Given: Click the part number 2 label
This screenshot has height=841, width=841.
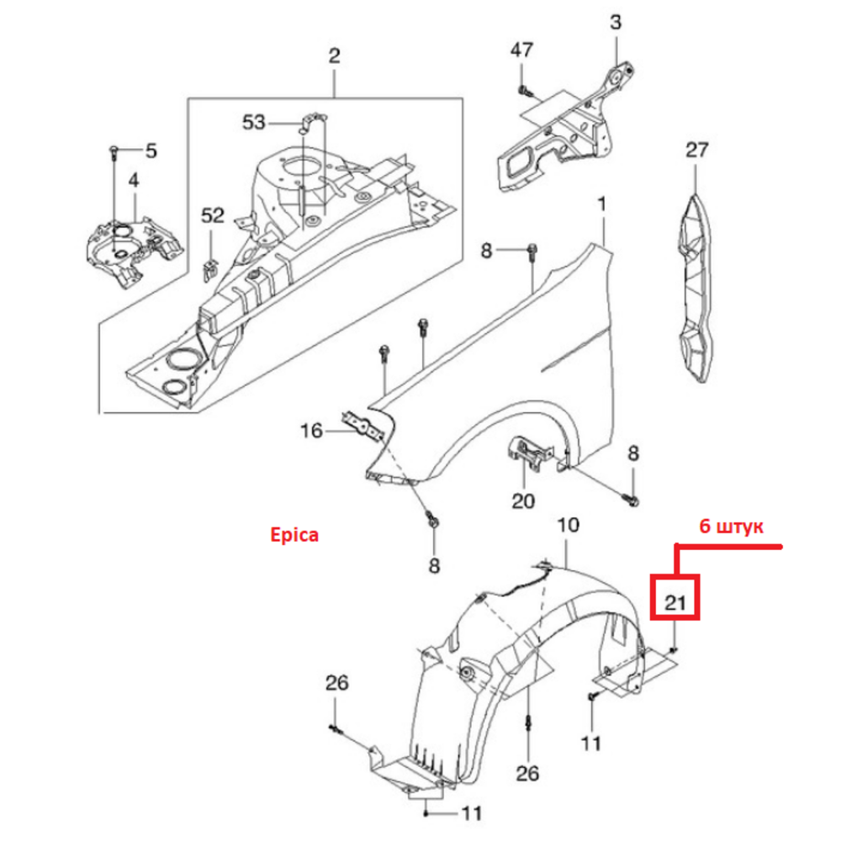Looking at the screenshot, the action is click(x=334, y=56).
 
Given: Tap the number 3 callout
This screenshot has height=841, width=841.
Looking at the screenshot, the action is click(x=616, y=22).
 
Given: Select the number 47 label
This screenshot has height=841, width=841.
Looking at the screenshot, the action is click(x=521, y=50).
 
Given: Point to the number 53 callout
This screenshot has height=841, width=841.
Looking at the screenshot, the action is click(x=254, y=122).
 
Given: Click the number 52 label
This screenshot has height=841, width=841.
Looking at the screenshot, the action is click(x=213, y=215).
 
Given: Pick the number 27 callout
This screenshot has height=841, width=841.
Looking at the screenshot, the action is click(x=696, y=150).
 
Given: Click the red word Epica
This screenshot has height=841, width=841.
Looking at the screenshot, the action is click(x=294, y=535).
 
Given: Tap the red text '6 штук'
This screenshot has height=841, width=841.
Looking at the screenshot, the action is click(x=731, y=526).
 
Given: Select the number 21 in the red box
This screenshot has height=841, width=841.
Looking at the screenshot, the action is click(x=675, y=603).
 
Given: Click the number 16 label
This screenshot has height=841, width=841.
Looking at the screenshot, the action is click(x=311, y=431).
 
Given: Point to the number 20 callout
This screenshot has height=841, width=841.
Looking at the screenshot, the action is click(x=523, y=501).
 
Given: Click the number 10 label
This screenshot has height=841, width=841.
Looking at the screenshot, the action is click(x=568, y=525).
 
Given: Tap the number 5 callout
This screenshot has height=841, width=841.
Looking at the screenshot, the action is click(x=151, y=151).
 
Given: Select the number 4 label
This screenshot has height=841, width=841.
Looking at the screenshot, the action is click(x=134, y=180).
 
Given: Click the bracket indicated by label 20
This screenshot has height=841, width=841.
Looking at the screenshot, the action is click(x=529, y=453).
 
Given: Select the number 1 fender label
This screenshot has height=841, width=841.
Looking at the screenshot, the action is click(x=602, y=204).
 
